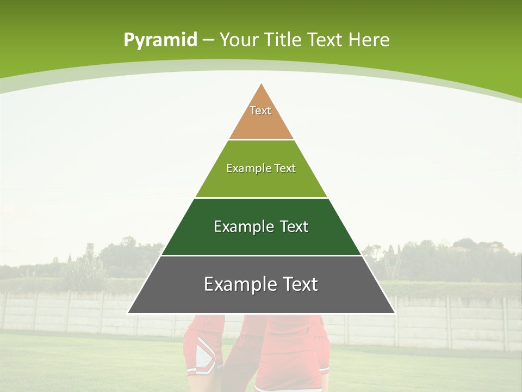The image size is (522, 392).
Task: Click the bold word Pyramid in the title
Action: point(160,40)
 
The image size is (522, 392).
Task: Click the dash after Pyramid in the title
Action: point(208,40)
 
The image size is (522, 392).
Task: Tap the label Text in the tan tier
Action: point(260,111)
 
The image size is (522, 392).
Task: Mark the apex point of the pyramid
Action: point(262,83)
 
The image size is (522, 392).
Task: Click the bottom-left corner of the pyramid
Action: point(128,313)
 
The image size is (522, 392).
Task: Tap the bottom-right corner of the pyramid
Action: point(394,313)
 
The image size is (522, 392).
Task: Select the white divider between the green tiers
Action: point(261,198)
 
